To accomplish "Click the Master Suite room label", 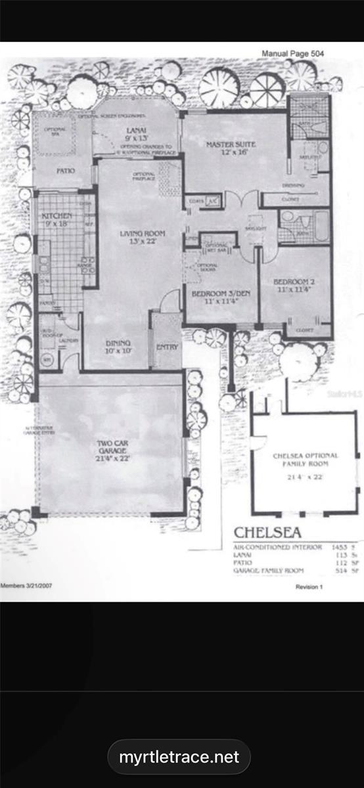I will tap(231, 148).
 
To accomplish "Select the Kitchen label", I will tap(57, 219).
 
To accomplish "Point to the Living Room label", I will tap(142, 237).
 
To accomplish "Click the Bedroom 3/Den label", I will tap(218, 298).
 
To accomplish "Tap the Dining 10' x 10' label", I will tap(118, 347).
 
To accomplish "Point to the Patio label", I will tap(65, 171).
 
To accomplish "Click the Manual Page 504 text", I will tap(292, 54).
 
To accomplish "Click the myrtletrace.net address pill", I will tap(179, 757).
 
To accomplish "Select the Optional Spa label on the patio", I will tap(54, 132).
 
